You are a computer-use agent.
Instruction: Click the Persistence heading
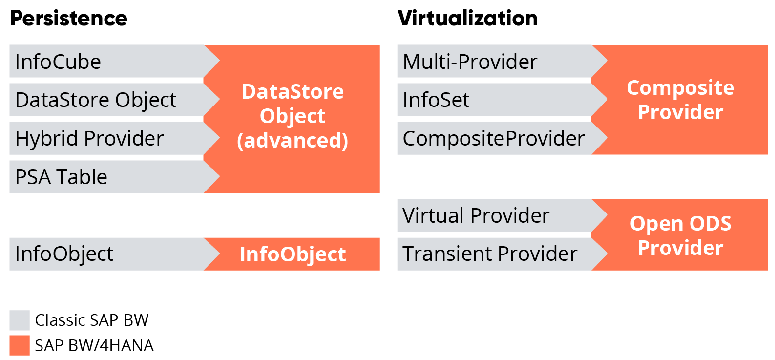pyautogui.click(x=68, y=19)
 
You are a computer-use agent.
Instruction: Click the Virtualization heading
pyautogui.click(x=467, y=19)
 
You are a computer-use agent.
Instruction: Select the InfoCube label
pyautogui.click(x=58, y=62)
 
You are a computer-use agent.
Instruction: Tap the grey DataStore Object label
pyautogui.click(x=96, y=100)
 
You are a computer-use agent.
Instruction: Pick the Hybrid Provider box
pyautogui.click(x=89, y=139)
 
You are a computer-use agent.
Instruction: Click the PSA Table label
pyautogui.click(x=61, y=177)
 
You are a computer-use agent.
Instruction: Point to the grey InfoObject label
pyautogui.click(x=64, y=254)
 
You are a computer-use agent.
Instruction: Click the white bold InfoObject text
pyautogui.click(x=293, y=254)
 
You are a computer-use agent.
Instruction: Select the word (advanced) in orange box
pyautogui.click(x=293, y=141)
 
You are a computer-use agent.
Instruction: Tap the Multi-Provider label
pyautogui.click(x=470, y=62)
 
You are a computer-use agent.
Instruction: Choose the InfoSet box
pyautogui.click(x=436, y=100)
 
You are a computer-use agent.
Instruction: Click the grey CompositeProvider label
pyautogui.click(x=493, y=139)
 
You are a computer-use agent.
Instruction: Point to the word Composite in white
pyautogui.click(x=680, y=88)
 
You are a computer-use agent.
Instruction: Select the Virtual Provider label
pyautogui.click(x=476, y=215)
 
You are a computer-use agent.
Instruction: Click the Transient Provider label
pyautogui.click(x=490, y=254)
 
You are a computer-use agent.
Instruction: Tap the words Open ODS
pyautogui.click(x=680, y=224)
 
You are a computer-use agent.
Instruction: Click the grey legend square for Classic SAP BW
pyautogui.click(x=20, y=320)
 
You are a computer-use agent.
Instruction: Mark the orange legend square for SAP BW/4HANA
pyautogui.click(x=20, y=345)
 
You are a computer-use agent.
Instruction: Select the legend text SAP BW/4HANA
pyautogui.click(x=94, y=346)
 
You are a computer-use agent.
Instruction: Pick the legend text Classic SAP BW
pyautogui.click(x=92, y=320)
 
